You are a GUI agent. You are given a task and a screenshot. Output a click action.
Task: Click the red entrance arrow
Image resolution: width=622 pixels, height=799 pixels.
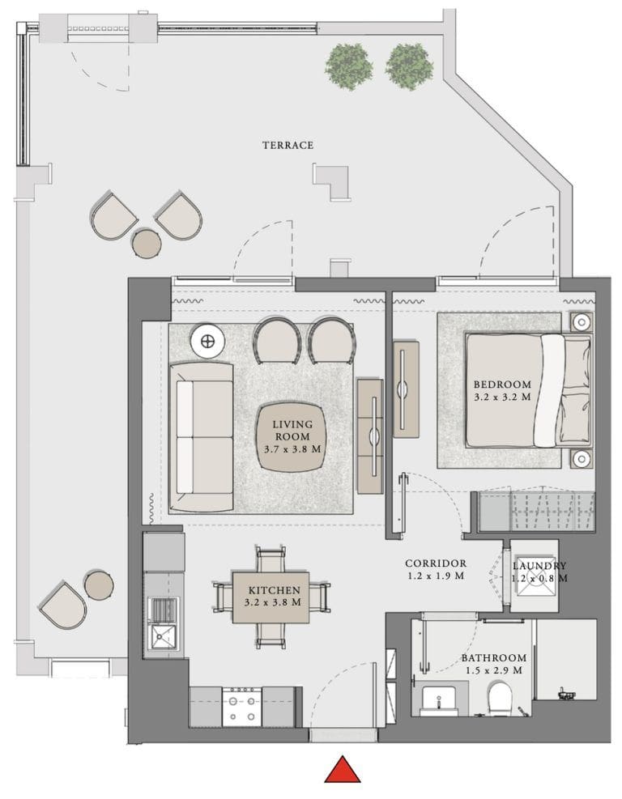click(343, 769)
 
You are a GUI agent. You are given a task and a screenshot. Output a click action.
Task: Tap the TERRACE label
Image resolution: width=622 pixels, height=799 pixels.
click(288, 145)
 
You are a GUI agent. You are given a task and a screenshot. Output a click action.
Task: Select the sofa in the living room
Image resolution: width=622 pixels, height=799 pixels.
click(200, 437)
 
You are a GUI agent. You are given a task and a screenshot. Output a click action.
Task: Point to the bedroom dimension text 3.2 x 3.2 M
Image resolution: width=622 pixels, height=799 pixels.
click(502, 397)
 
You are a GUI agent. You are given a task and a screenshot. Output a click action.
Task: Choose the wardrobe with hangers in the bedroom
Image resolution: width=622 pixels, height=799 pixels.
click(535, 512)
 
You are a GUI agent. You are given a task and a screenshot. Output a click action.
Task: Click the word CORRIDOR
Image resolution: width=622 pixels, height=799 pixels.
click(436, 563)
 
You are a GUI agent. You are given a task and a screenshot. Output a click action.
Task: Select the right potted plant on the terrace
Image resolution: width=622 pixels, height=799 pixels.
click(409, 62)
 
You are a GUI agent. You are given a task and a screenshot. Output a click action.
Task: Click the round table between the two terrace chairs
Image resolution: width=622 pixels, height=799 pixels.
click(147, 243)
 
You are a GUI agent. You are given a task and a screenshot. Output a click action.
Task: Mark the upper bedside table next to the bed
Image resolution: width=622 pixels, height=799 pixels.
click(581, 321)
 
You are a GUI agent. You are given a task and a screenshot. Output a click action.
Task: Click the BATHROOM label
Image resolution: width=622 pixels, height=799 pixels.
click(494, 658)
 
